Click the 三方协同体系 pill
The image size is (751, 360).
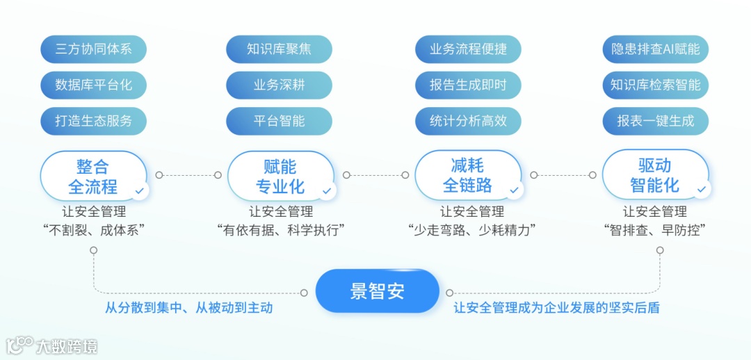pos(93,49)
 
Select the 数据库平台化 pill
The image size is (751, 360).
pos(93,85)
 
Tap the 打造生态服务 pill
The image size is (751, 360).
pos(93,120)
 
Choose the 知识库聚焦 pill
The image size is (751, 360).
pos(279,49)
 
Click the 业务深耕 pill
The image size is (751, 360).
pos(279,85)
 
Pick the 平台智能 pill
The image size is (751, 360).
pos(279,120)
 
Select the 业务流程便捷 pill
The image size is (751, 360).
pos(468,49)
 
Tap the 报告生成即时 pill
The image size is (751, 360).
pos(468,85)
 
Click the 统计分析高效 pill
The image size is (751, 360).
pos(468,120)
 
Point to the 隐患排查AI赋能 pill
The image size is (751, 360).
pos(655,49)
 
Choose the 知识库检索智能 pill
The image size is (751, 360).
pos(655,85)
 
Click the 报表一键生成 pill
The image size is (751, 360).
pos(655,120)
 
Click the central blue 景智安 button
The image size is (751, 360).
pos(377,291)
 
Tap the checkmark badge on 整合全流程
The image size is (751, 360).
pos(140,189)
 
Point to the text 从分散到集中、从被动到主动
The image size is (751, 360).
pos(188,308)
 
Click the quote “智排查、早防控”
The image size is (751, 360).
pos(655,230)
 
